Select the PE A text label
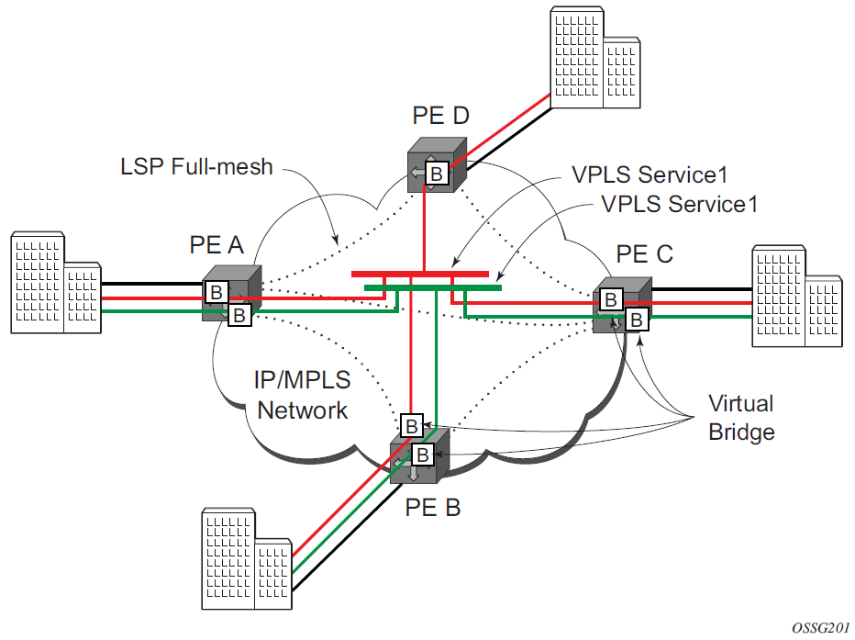pyautogui.click(x=216, y=245)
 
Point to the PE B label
pyautogui.click(x=432, y=506)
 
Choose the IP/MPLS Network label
pyautogui.click(x=303, y=395)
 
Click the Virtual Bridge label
pyautogui.click(x=741, y=417)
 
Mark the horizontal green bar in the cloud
pyautogui.click(x=431, y=287)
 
